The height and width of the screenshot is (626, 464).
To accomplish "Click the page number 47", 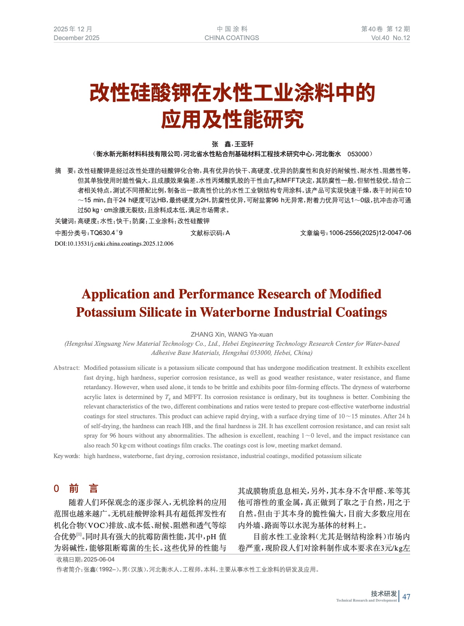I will [x=407, y=596].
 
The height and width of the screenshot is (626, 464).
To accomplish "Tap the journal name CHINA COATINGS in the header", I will [x=231, y=38].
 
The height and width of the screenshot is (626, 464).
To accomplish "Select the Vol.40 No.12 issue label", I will [x=390, y=38].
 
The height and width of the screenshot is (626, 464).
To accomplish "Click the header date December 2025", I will [x=76, y=38].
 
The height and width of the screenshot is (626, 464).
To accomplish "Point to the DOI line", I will [x=114, y=244].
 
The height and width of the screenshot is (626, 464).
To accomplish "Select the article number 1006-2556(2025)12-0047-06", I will [x=370, y=233].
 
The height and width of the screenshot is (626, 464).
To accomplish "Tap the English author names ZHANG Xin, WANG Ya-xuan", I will [x=231, y=334].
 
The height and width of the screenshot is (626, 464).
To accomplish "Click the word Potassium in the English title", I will [x=106, y=312].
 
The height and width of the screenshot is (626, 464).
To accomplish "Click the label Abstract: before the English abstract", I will [x=67, y=368].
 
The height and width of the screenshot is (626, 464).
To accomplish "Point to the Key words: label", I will [x=67, y=456].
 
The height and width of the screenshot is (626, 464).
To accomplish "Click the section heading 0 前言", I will [x=76, y=489].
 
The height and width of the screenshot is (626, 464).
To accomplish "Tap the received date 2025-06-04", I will [x=99, y=559].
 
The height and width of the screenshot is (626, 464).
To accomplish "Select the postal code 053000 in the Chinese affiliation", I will [x=358, y=154].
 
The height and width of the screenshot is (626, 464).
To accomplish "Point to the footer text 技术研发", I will [x=384, y=594].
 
